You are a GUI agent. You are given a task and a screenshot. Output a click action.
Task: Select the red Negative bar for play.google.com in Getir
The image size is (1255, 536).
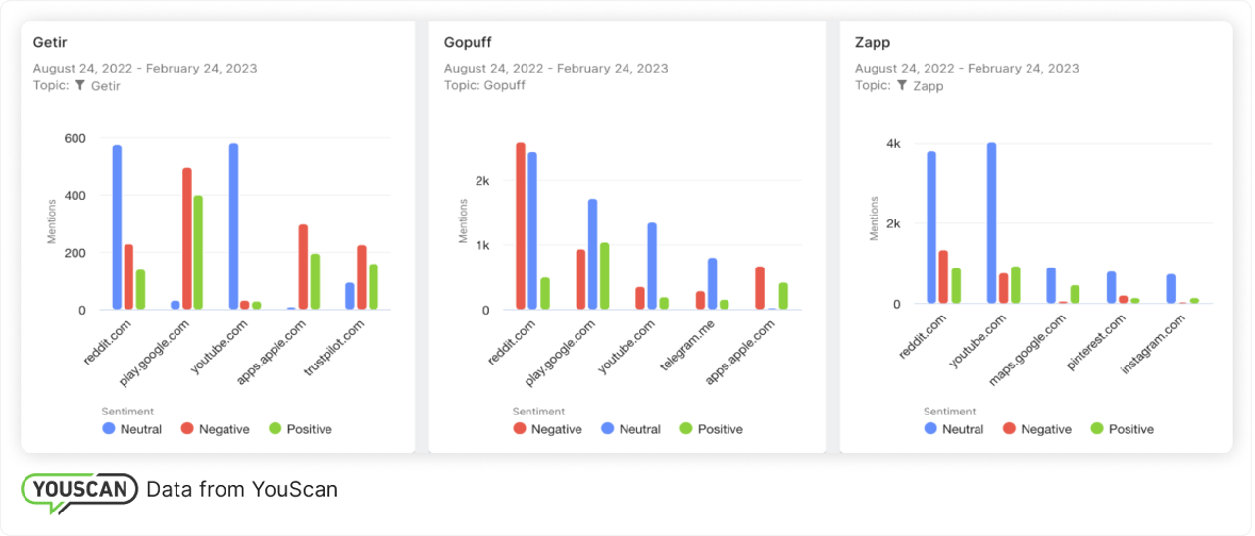coord(187,239)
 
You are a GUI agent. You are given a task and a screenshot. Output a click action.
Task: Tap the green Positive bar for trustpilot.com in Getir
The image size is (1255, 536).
coord(374,287)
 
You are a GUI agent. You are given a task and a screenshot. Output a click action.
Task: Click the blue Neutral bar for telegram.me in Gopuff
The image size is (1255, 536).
coord(712,284)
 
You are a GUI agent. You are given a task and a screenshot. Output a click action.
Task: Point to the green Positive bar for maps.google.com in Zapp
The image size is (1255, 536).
coord(1075,294)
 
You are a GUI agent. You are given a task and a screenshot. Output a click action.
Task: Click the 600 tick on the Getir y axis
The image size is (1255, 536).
coord(74,138)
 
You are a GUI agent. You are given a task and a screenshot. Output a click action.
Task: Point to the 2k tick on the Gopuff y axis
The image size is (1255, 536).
coord(481,181)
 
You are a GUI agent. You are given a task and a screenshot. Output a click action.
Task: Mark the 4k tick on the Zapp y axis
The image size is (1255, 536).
coord(892,144)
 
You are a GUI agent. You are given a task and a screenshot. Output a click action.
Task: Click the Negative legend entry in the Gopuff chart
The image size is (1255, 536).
coord(547,429)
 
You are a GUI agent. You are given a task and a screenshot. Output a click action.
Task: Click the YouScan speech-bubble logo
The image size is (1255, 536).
coord(78,491)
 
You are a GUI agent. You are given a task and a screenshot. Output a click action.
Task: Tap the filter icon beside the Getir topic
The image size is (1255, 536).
coord(80,86)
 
